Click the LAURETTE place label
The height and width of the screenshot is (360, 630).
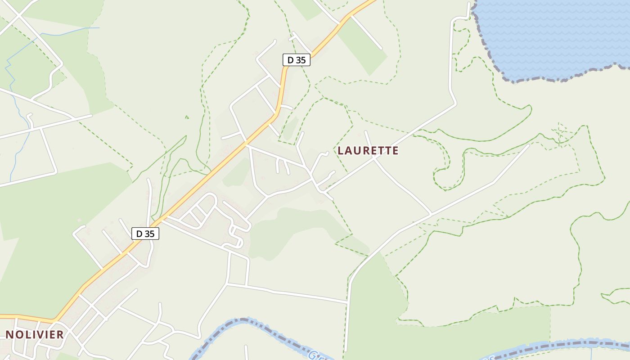[368, 151]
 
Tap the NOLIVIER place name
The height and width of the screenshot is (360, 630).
[35, 335]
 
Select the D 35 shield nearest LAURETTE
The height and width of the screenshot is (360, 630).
[297, 60]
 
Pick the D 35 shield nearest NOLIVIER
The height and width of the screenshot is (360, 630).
[145, 234]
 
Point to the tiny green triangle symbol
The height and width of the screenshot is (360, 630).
[187, 117]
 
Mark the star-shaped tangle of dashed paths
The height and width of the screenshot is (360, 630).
[561, 134]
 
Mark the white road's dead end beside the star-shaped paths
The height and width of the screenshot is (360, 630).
[528, 145]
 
